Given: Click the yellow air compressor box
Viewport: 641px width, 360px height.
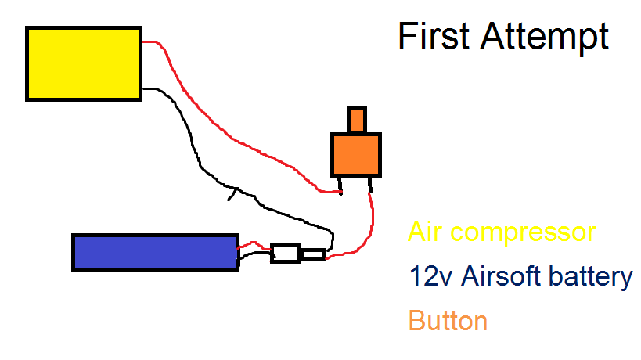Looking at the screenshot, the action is coord(84,63).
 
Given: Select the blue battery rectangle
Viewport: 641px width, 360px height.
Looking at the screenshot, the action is coord(155,253).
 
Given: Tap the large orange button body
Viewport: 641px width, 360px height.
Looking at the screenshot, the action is coord(356,155).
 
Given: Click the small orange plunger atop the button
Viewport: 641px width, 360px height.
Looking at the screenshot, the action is coord(356,120).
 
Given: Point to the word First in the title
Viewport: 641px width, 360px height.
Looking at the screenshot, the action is coord(434,36).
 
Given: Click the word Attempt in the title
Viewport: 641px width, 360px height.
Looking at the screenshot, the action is coord(545,38).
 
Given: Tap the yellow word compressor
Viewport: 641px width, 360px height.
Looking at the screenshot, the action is coord(524,233).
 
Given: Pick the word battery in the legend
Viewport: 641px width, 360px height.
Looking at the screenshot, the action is coord(590,277).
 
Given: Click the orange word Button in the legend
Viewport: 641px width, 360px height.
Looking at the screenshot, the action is coord(448,321).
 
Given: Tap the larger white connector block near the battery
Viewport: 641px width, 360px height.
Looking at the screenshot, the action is coord(286,254).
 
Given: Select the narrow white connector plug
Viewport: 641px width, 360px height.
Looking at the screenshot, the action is coord(314,254).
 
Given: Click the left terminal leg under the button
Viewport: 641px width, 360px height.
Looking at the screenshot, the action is coord(340,186).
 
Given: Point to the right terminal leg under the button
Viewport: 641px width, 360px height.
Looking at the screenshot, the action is coord(370,185).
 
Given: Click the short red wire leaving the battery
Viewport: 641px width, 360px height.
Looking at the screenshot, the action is coord(254,245).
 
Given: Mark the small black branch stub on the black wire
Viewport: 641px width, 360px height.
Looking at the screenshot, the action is coord(232,195).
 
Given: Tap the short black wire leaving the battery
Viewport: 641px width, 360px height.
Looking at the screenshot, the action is coord(255,254).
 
